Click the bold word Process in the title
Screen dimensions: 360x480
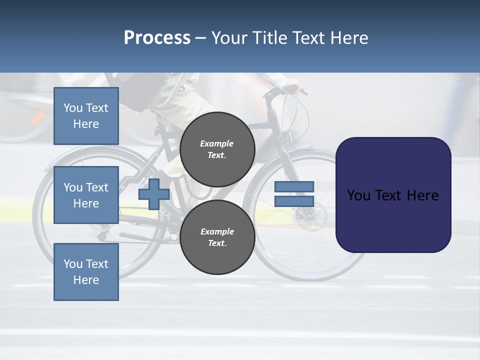(157, 38)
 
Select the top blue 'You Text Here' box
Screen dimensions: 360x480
(86, 116)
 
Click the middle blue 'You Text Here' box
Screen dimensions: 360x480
(86, 195)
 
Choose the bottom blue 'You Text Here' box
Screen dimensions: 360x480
(86, 272)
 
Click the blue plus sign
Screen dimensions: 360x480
(154, 194)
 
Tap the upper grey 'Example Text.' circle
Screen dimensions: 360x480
(217, 149)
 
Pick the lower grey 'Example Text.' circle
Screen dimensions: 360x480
(217, 237)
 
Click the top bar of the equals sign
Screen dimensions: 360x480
(294, 187)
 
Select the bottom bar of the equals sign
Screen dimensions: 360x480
(294, 201)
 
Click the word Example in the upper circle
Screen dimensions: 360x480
(217, 143)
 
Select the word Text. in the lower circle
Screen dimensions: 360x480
(217, 243)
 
